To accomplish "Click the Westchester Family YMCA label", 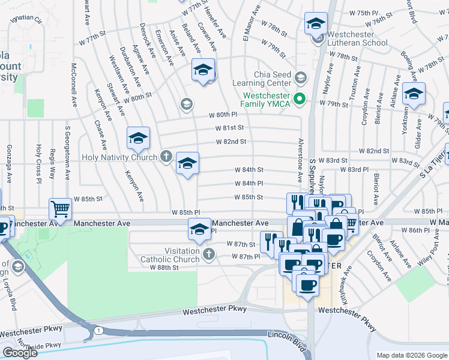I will coord(266,99).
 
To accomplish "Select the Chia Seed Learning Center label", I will coord(266,79).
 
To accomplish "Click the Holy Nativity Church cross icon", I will coord(166,157).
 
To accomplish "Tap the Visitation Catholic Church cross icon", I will coord(208,255).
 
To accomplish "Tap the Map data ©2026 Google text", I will coord(411,355).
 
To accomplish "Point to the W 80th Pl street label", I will coord(220,115).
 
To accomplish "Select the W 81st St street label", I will coord(231,128).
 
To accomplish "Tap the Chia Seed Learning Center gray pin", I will coord(301,78).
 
